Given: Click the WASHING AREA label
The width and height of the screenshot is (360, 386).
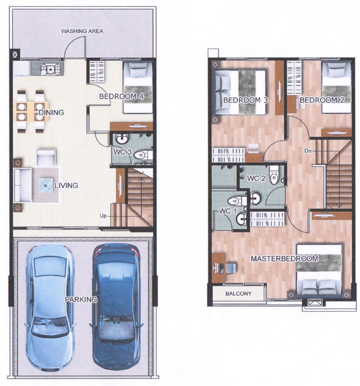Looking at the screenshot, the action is click(x=82, y=31).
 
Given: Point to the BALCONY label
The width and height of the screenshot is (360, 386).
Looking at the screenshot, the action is click(x=238, y=294).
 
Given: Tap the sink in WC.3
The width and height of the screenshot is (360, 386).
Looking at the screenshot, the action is click(x=122, y=139).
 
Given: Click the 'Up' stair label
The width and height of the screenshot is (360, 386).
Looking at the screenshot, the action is click(x=103, y=216).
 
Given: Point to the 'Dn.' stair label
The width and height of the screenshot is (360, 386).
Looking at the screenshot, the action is click(x=308, y=150).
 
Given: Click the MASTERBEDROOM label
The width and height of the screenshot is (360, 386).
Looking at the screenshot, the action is click(x=284, y=259).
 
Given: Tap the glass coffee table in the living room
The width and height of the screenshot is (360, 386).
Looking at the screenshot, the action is click(x=46, y=185).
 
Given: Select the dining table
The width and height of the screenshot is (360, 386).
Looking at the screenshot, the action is click(x=32, y=111).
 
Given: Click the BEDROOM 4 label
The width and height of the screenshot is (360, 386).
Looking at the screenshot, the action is click(x=121, y=96).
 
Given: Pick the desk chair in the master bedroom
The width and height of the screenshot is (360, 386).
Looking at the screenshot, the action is click(x=230, y=268).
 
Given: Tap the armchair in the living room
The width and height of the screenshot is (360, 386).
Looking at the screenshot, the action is click(x=46, y=157).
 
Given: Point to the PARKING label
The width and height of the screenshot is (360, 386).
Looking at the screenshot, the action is click(x=81, y=300).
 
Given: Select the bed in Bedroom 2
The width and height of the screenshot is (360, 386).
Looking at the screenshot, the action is click(x=336, y=87).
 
